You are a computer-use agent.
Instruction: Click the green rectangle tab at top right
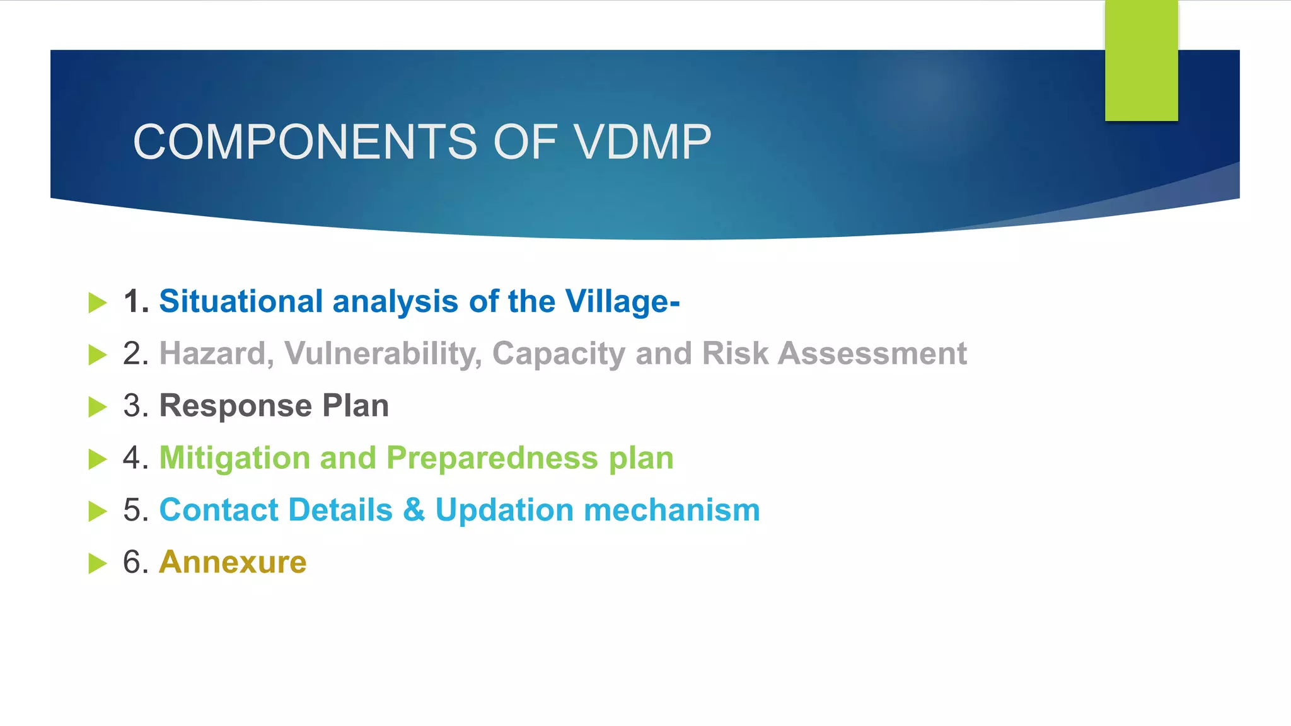pos(1141,60)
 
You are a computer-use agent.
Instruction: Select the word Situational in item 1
pos(241,301)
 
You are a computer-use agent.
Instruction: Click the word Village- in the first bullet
pos(622,301)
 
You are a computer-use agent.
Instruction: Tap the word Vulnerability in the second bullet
pos(383,354)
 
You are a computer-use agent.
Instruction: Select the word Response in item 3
pos(235,406)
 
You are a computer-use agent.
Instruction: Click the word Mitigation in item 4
pos(234,458)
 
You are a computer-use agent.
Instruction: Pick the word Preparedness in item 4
pos(492,458)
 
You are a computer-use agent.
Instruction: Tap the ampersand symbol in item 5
pos(414,510)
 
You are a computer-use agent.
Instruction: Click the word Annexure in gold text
pos(233,562)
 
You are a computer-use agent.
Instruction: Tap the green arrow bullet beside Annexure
pos(98,563)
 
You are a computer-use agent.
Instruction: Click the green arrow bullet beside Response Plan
pos(98,407)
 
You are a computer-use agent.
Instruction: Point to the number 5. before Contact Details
pos(136,510)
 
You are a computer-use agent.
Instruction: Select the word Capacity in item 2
pos(558,354)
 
